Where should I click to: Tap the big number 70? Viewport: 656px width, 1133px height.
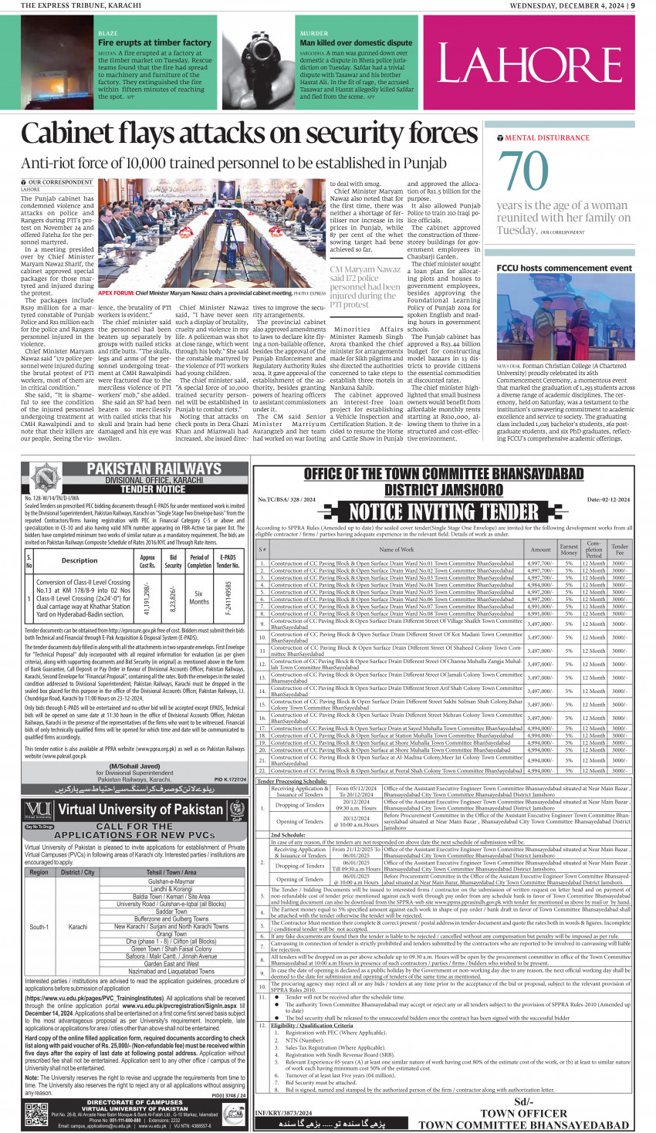[523, 171]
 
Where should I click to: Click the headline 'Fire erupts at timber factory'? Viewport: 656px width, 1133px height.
[154, 43]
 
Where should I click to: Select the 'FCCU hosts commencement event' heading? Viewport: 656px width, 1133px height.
[564, 268]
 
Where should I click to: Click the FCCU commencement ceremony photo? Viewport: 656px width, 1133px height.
[565, 316]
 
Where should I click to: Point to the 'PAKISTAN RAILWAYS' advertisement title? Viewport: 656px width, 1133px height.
[154, 469]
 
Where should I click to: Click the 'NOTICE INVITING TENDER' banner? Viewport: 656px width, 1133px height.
[443, 512]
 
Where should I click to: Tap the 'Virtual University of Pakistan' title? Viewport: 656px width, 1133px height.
[140, 810]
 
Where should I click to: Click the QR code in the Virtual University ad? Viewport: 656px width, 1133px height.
[36, 1115]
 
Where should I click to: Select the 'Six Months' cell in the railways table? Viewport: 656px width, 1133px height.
[199, 597]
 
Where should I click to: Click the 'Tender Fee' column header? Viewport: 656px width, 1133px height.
[620, 549]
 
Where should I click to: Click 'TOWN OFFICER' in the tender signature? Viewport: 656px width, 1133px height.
[523, 1113]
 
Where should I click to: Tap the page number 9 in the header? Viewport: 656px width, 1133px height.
[632, 5]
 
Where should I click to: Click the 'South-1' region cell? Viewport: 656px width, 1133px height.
[39, 927]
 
